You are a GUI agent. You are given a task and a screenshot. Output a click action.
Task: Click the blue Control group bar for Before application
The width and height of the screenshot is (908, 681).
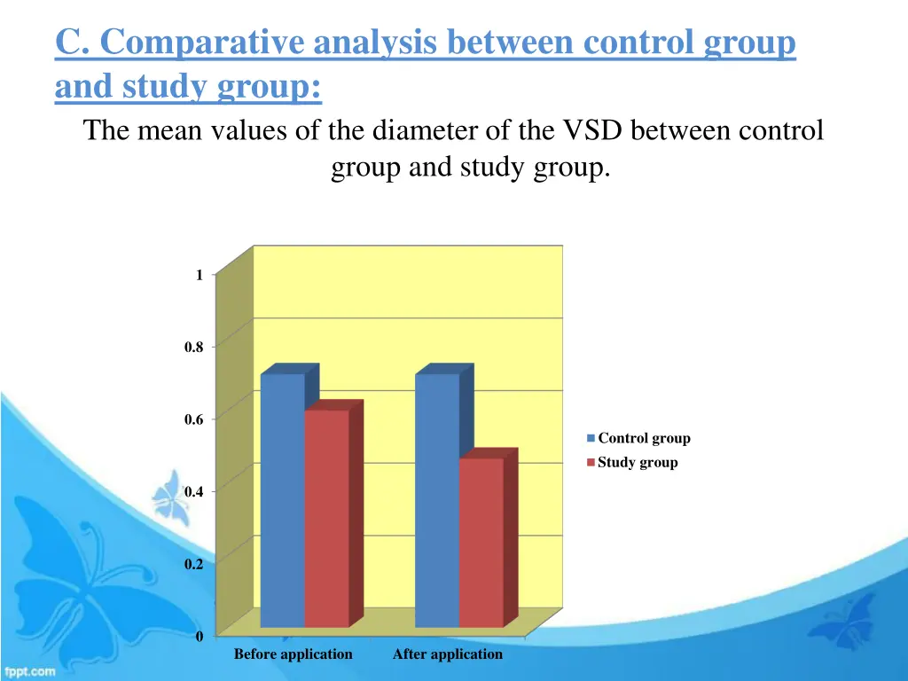[x=282, y=501]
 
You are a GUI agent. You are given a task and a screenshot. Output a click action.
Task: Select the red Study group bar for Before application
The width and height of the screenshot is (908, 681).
[x=326, y=519]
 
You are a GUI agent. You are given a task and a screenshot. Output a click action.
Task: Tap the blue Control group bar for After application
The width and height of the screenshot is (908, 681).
[x=436, y=501]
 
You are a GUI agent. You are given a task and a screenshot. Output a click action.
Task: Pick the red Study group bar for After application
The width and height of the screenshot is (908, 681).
[x=481, y=543]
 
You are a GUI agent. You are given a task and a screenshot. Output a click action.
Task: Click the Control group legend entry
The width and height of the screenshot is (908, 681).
[x=643, y=438]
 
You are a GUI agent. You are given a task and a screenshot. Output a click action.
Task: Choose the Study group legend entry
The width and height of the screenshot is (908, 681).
[x=637, y=462]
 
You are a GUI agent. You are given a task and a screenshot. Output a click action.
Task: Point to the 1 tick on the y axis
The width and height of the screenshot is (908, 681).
[x=200, y=276]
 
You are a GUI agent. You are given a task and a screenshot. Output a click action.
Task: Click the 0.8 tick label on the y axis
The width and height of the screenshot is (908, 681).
[x=193, y=348]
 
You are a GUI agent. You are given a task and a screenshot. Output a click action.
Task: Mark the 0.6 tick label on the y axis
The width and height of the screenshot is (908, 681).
[x=193, y=419]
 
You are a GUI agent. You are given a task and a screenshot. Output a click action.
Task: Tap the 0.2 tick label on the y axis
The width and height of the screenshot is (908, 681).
[x=193, y=564]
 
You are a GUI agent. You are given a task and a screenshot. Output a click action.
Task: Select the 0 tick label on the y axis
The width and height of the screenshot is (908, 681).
[x=200, y=636]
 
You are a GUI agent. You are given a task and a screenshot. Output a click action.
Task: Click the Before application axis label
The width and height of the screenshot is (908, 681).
[x=293, y=654]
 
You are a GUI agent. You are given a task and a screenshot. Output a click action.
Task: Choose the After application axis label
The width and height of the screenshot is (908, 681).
[x=447, y=654]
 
